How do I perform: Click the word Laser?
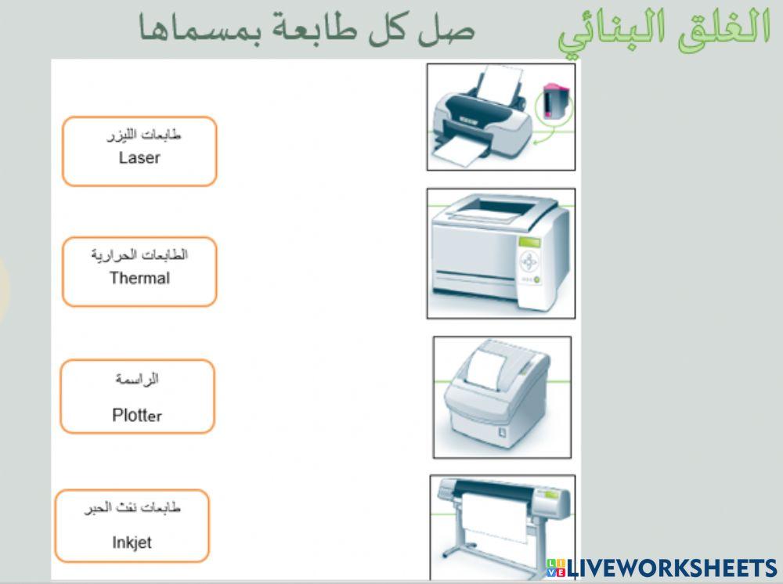coord(139,158)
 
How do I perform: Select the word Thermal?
coord(139,278)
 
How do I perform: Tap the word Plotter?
coord(137,415)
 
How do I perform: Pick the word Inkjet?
coord(132,542)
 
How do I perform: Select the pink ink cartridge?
coord(554,101)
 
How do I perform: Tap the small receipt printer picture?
coord(502,397)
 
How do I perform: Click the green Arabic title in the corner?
coord(665,31)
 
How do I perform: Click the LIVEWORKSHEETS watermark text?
coord(671,569)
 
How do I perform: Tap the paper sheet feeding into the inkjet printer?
coord(500,83)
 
